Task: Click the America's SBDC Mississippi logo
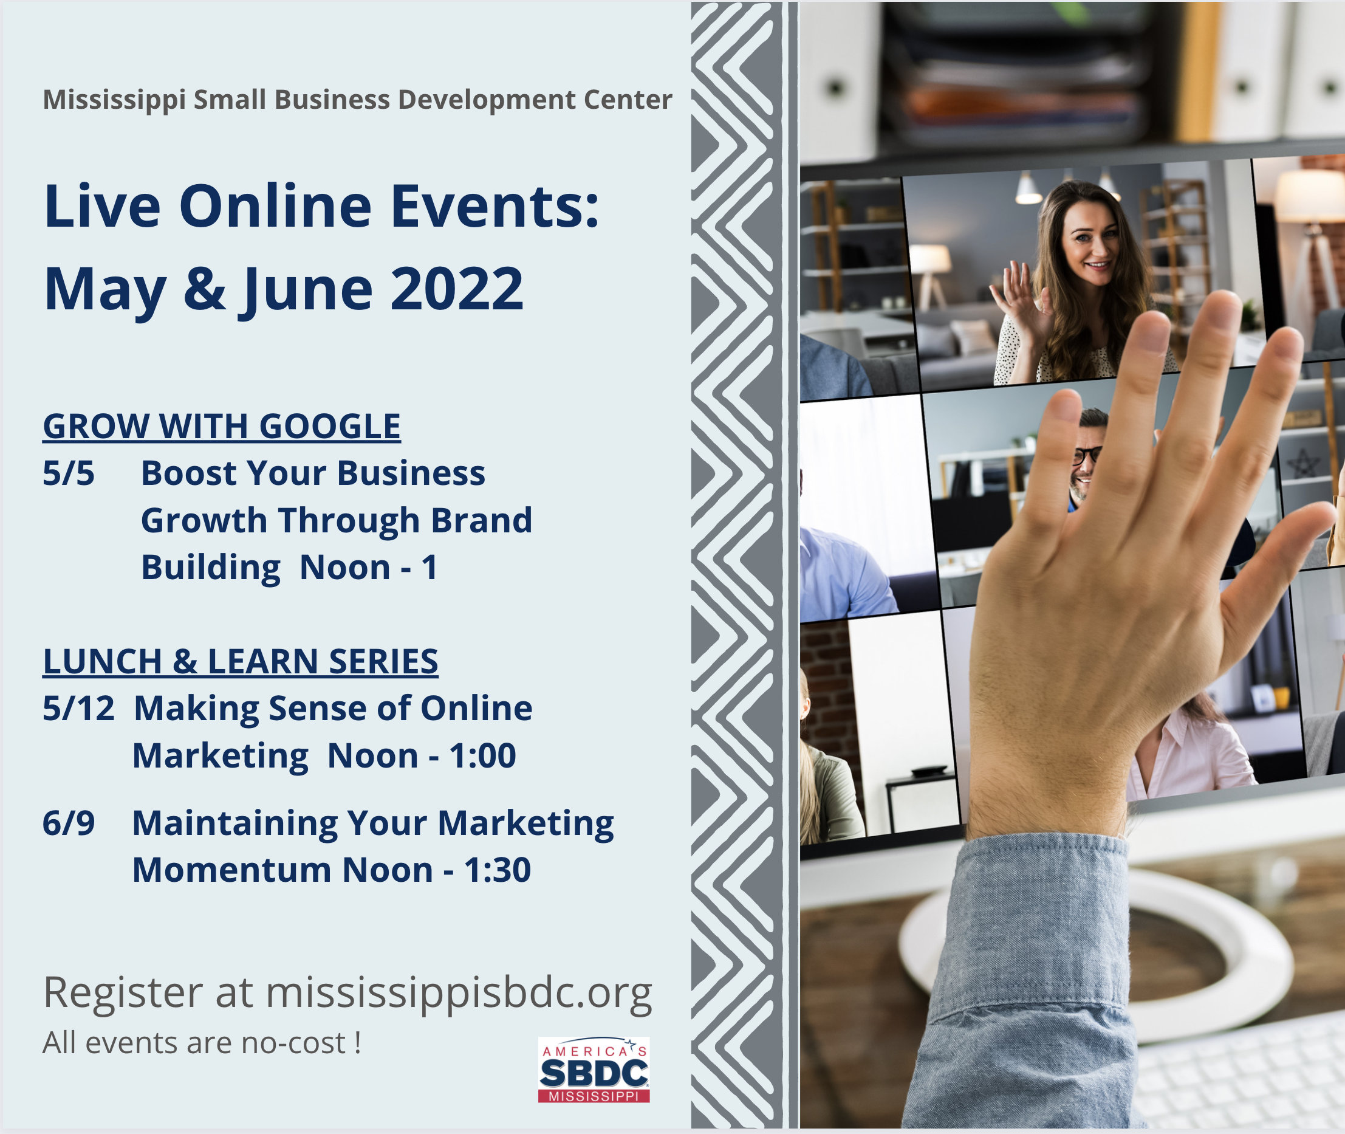coord(594,1069)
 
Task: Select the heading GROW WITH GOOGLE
coord(222,426)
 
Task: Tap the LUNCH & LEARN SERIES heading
coord(241,661)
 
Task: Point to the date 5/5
coord(69,473)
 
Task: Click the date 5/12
coord(78,709)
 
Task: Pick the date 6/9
coord(69,823)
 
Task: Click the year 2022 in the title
coord(457,289)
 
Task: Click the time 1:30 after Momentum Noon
coord(498,870)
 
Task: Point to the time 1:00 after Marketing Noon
coord(482,755)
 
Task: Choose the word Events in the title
coord(495,206)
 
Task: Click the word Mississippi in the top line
coord(114,100)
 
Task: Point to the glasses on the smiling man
coord(1086,455)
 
